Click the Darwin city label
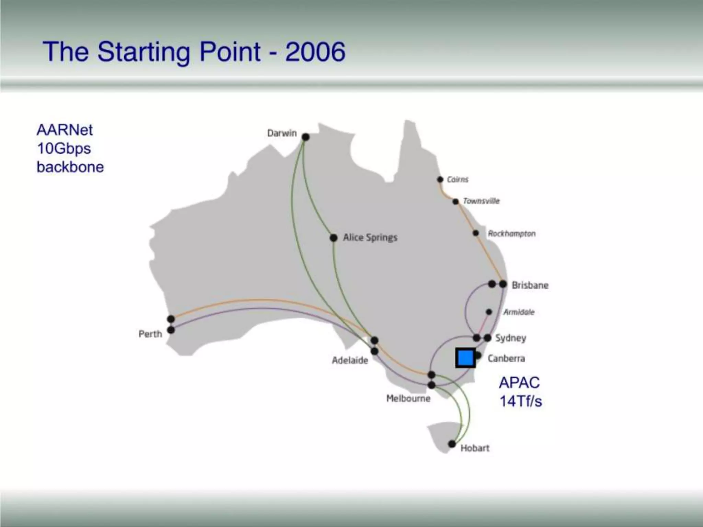pyautogui.click(x=282, y=133)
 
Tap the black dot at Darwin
pyautogui.click(x=306, y=137)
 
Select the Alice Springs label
pyautogui.click(x=370, y=237)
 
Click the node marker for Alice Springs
pyautogui.click(x=333, y=238)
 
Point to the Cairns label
pyautogui.click(x=458, y=179)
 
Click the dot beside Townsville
pyautogui.click(x=456, y=201)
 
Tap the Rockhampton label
pyautogui.click(x=511, y=234)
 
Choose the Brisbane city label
pyautogui.click(x=530, y=285)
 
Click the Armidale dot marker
pyautogui.click(x=489, y=312)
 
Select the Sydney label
pyautogui.click(x=510, y=338)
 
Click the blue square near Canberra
pyautogui.click(x=465, y=358)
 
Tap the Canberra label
pyautogui.click(x=506, y=359)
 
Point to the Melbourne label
pyautogui.click(x=408, y=398)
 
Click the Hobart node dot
pyautogui.click(x=452, y=444)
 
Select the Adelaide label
pyautogui.click(x=350, y=360)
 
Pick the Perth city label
pyautogui.click(x=150, y=334)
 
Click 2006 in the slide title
pyautogui.click(x=315, y=52)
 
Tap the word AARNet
pyautogui.click(x=65, y=130)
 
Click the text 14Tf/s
pyautogui.click(x=520, y=401)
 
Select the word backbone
pyautogui.click(x=70, y=167)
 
